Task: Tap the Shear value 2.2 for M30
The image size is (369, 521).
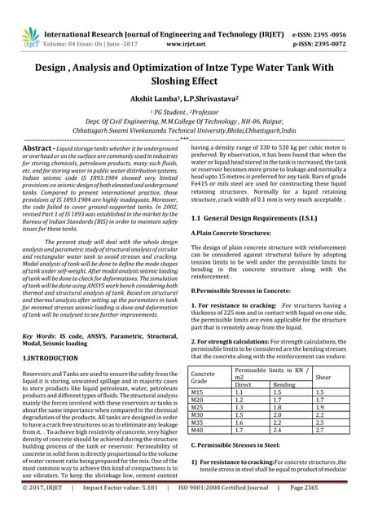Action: (x=320, y=415)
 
